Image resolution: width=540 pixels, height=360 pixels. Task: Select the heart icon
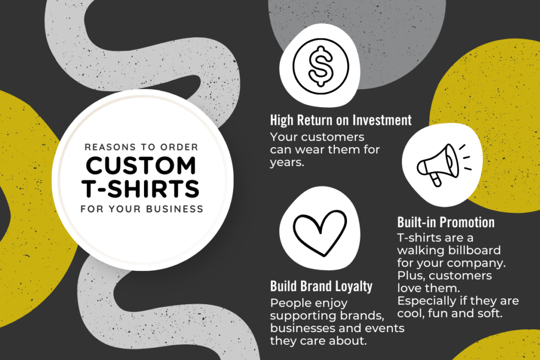click(319, 232)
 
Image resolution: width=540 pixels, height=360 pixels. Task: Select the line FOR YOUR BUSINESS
click(141, 209)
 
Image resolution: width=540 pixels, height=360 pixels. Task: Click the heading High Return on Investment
click(340, 120)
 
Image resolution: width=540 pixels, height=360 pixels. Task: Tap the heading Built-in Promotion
click(446, 222)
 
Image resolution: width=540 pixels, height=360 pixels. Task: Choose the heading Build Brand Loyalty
click(321, 286)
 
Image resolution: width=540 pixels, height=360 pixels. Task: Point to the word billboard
click(474, 249)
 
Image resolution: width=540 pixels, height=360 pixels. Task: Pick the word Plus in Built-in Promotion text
click(410, 276)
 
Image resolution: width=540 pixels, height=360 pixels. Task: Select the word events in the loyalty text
click(386, 328)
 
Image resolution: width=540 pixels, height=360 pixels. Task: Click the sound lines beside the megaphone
click(463, 157)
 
